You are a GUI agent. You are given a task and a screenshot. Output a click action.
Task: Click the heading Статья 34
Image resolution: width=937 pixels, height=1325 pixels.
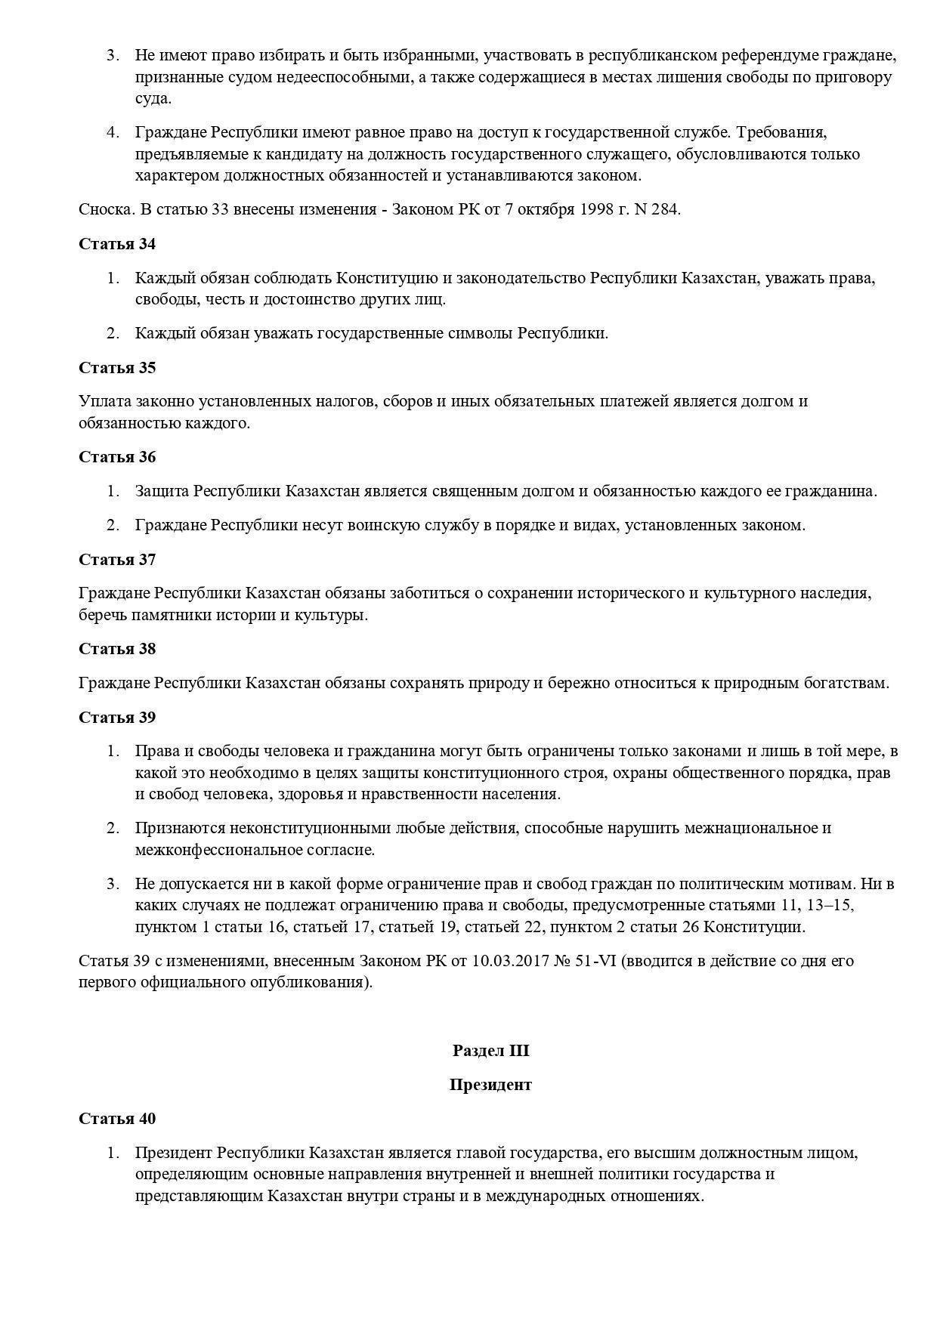pos(117,244)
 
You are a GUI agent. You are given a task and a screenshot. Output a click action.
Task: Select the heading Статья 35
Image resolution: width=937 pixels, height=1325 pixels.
pos(117,368)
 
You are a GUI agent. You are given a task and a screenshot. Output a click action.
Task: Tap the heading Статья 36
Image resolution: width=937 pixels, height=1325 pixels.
pos(117,457)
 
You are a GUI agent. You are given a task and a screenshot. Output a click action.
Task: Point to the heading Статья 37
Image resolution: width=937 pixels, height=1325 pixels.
pos(117,560)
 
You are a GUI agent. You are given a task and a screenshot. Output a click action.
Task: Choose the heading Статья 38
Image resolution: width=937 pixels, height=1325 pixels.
pos(117,649)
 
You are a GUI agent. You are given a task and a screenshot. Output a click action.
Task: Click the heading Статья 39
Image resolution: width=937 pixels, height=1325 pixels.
pos(117,718)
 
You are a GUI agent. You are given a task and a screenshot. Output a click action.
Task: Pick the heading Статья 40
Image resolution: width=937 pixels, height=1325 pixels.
pos(117,1119)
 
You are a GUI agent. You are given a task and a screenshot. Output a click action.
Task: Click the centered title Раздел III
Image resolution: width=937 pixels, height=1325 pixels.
pos(490,1051)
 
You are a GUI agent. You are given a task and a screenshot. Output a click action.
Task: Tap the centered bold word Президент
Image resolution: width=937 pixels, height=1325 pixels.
pos(490,1085)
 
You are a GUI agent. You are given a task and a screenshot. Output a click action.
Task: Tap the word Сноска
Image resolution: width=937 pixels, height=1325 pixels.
pos(107,210)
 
